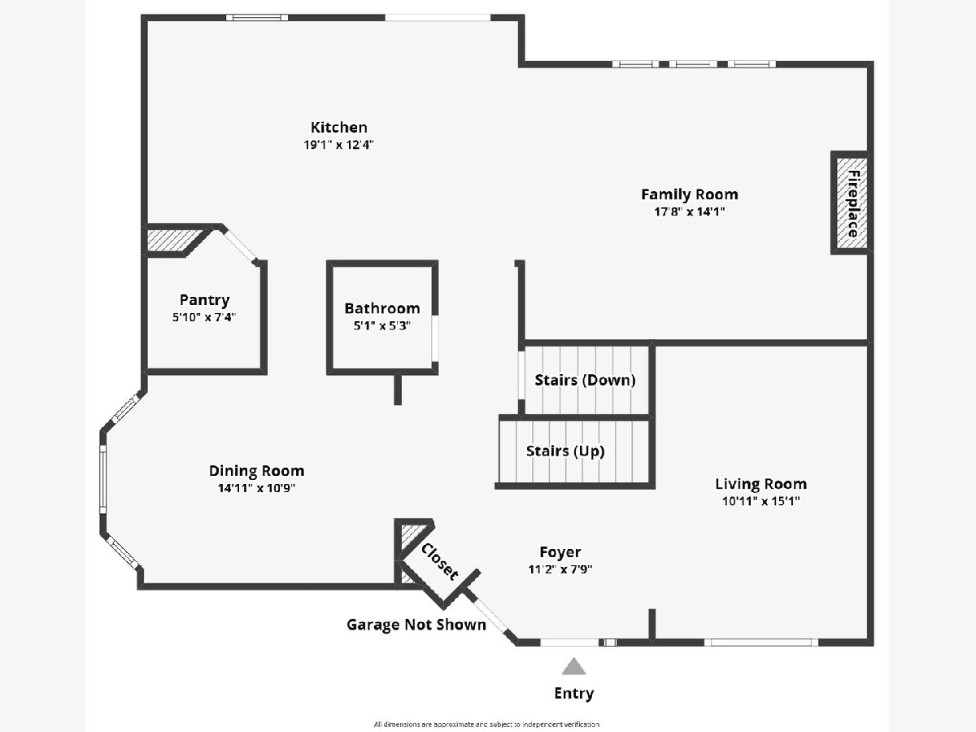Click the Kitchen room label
338,128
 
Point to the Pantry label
204,300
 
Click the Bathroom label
381,308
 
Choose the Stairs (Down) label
585,380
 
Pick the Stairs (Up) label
565,451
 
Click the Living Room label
760,484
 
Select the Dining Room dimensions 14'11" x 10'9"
256,488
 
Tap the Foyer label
560,552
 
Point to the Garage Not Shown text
416,625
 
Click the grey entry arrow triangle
574,668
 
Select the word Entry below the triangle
574,694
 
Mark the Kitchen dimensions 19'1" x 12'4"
338,145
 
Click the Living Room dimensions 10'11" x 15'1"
760,502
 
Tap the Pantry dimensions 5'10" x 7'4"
204,317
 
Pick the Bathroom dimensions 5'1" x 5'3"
381,325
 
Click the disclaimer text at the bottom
486,723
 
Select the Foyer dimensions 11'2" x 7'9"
560,569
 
